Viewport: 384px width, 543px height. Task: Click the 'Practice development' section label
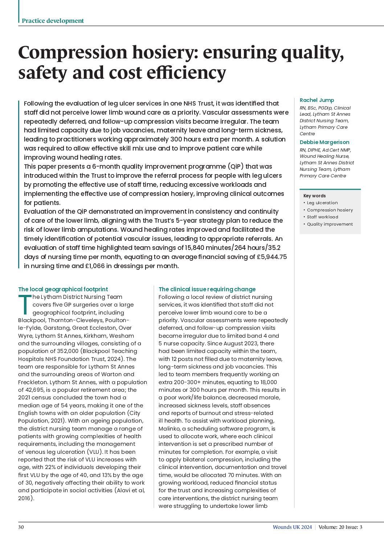(53, 21)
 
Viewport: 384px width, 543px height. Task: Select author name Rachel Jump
(316, 100)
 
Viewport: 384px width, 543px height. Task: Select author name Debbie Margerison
(324, 142)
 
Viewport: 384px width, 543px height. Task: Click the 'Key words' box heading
(314, 196)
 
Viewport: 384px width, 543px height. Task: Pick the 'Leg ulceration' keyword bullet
(322, 203)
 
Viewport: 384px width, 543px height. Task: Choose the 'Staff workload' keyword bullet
(322, 217)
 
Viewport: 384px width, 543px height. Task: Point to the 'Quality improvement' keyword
(330, 224)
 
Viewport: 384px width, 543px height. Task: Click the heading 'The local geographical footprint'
(63, 289)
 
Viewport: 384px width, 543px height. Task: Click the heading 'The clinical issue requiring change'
(207, 289)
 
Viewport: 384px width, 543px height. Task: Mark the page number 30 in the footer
(21, 527)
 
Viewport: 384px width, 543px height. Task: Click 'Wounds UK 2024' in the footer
(292, 527)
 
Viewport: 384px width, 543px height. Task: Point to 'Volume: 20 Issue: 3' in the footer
(340, 527)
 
